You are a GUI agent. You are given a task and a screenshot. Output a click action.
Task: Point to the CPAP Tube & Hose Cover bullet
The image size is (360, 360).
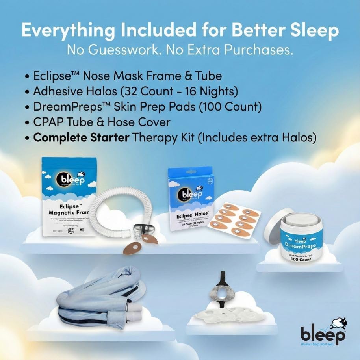(102, 122)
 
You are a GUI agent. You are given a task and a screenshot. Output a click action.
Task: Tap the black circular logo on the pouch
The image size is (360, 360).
(65, 181)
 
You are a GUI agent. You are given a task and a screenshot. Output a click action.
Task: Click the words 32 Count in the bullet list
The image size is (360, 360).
(148, 92)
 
